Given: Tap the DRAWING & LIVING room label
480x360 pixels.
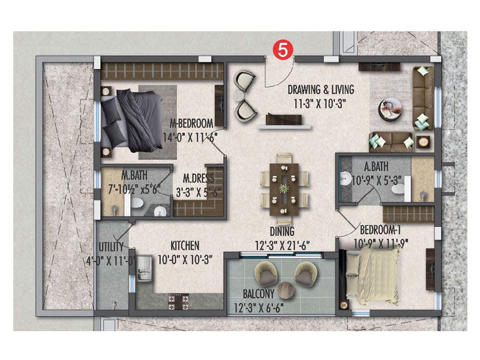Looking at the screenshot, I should click(x=320, y=89).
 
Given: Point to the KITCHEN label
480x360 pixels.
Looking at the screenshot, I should click(x=184, y=246).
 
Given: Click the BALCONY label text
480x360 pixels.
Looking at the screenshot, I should click(x=259, y=294).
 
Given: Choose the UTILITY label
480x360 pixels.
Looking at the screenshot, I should click(x=112, y=247).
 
